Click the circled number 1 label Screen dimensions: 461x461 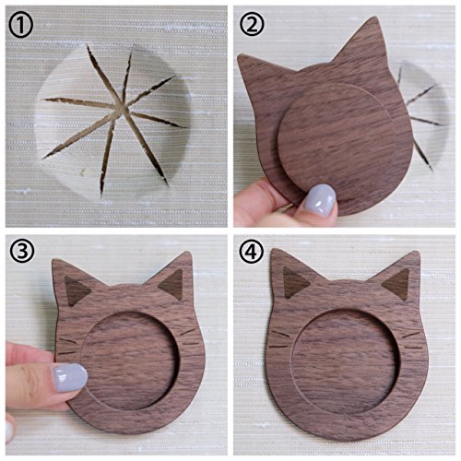21,26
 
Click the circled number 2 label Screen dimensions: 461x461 252,24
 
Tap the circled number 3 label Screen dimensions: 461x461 22,251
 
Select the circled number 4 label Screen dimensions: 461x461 252,252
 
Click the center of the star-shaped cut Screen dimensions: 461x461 121,109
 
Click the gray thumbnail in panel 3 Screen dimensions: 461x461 70,378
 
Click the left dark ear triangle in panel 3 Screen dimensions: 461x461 77,290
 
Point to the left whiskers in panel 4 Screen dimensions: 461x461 280,340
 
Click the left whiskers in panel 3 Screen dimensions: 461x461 67,347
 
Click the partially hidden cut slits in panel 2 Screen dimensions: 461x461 418,118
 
